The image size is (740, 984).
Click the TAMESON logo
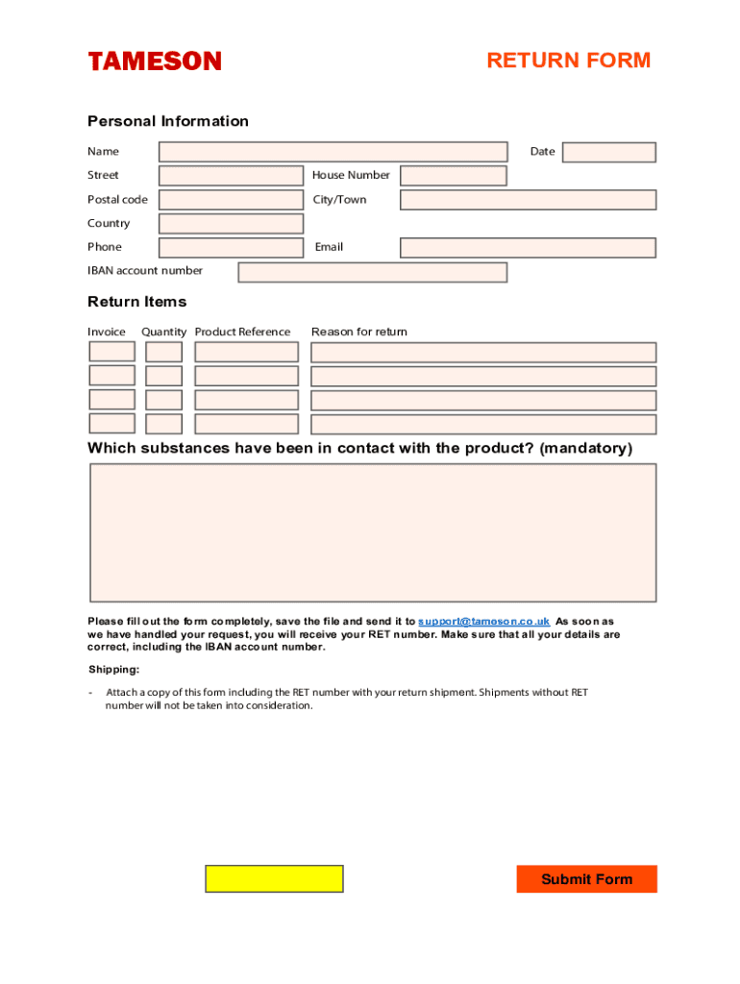pyautogui.click(x=155, y=61)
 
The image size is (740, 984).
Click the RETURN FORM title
pyautogui.click(x=568, y=61)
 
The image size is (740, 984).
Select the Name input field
pyautogui.click(x=333, y=152)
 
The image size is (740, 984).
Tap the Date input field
pyautogui.click(x=608, y=153)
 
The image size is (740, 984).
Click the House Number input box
pyautogui.click(x=453, y=176)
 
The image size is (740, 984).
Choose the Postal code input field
pyautogui.click(x=231, y=200)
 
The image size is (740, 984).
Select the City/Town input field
pyautogui.click(x=528, y=200)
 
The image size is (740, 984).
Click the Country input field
pyautogui.click(x=231, y=224)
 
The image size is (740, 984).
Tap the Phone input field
pyautogui.click(x=231, y=248)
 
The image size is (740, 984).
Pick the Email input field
pyautogui.click(x=528, y=248)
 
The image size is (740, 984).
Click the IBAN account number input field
pyautogui.click(x=372, y=272)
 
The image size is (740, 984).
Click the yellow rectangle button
pyautogui.click(x=274, y=879)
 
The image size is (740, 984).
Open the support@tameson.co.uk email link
pyautogui.click(x=484, y=622)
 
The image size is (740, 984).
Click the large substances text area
pyautogui.click(x=373, y=532)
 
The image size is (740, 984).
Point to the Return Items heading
pyautogui.click(x=137, y=302)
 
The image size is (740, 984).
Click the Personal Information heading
pyautogui.click(x=168, y=121)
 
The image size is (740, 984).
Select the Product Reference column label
pyautogui.click(x=242, y=332)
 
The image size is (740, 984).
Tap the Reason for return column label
pyautogui.click(x=359, y=332)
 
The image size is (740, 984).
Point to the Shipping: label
pyautogui.click(x=114, y=670)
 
